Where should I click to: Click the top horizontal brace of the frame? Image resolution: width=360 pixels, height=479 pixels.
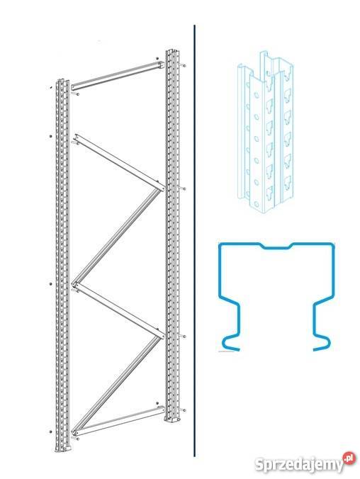tap(118, 75)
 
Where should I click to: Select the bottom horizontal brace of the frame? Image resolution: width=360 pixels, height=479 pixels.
tap(118, 419)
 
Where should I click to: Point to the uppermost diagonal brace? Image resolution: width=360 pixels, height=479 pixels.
tap(118, 162)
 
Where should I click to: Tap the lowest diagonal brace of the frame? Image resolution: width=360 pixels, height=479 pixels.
tap(118, 385)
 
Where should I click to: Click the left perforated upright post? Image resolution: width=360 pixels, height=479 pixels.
tap(62, 265)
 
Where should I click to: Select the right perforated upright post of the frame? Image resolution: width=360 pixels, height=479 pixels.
tap(174, 235)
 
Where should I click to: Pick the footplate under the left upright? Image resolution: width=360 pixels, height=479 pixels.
tap(63, 449)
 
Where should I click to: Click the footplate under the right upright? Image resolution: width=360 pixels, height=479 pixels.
tap(174, 419)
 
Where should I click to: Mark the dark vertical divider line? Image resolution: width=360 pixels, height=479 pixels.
tap(194, 241)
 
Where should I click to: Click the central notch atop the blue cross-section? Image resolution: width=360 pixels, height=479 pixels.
tap(276, 246)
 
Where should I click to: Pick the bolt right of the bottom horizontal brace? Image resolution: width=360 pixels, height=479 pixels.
tap(184, 410)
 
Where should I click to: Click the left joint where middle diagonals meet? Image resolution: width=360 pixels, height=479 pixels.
tap(74, 285)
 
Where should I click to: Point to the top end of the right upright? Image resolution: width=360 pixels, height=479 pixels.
tap(173, 51)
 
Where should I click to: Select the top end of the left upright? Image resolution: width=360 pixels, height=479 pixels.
tap(62, 81)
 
